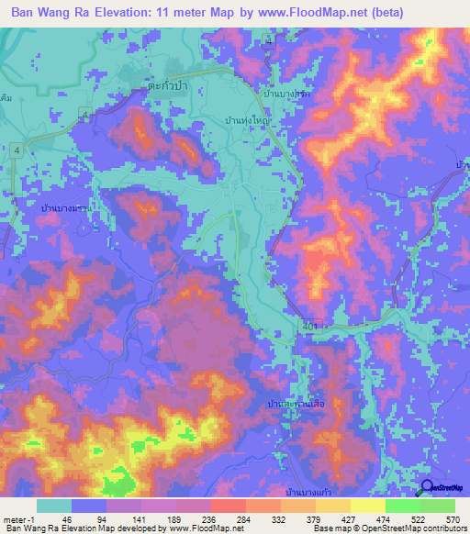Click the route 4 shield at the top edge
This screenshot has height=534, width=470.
(269, 39)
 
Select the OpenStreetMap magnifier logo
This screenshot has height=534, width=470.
(428, 489)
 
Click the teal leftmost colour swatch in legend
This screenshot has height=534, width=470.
(53, 506)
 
